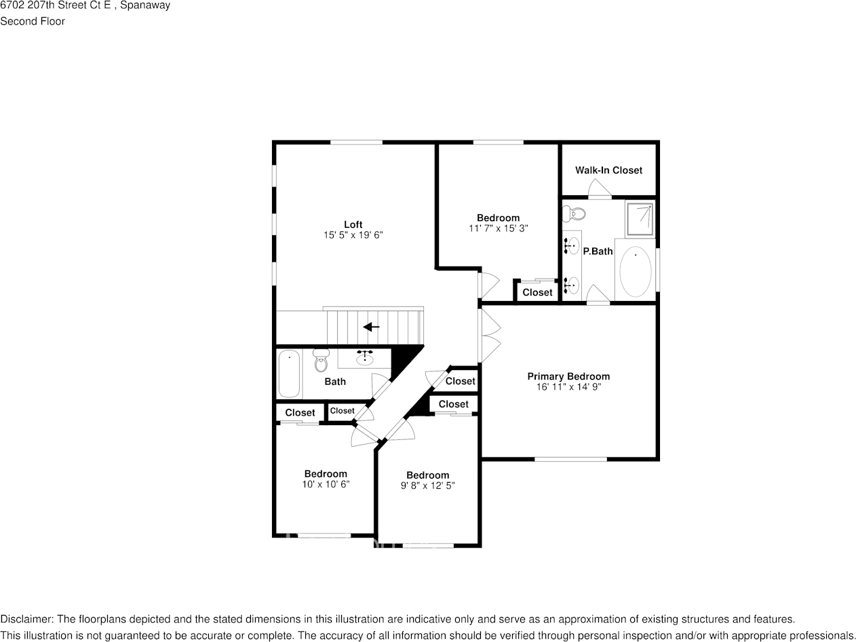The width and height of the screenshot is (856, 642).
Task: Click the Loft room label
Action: coord(353,224)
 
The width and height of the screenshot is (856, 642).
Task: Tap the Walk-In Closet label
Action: coord(608,170)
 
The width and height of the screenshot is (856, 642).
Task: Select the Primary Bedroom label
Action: coord(568,376)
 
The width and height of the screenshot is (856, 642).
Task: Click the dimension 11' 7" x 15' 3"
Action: coord(498,228)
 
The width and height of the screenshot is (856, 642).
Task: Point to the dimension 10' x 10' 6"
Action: coord(326,484)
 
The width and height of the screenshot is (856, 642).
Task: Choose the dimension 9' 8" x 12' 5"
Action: coord(427,485)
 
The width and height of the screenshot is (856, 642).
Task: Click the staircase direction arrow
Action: coord(371,327)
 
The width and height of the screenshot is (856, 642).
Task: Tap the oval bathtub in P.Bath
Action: coord(636,271)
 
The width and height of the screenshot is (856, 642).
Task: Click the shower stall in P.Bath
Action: coord(640,218)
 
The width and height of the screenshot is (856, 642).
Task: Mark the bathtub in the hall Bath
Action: coord(290,373)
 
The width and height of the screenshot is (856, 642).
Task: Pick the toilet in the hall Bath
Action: coord(321,361)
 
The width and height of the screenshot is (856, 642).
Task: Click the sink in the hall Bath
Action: coord(365,357)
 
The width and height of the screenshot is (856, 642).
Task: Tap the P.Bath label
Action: coord(598,251)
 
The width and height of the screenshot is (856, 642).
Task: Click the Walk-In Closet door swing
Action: coord(600,189)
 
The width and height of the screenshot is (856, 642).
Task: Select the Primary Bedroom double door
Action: coord(490,336)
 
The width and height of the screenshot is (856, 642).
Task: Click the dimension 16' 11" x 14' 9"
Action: coord(568,387)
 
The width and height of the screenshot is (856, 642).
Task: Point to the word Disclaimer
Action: coord(26,619)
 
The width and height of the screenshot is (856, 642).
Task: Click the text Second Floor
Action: coord(33,21)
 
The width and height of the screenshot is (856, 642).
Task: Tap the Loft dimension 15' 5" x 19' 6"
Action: coord(353,235)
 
